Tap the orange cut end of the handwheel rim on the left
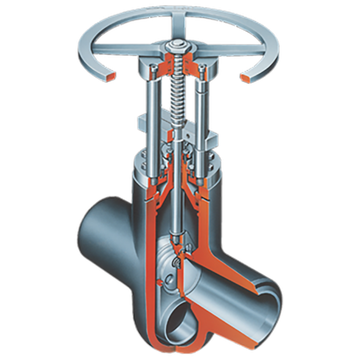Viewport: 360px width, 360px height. [110, 75]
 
